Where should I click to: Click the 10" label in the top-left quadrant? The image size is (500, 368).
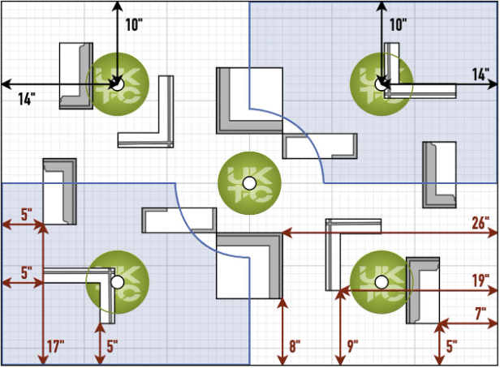134,24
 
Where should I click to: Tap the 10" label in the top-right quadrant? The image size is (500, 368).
398,24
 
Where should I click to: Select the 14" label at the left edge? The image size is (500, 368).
28,99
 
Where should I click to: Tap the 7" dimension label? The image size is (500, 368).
481,313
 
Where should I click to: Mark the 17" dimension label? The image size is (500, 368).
56,346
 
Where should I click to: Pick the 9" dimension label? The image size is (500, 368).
352,346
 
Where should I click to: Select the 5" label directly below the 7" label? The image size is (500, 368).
452,346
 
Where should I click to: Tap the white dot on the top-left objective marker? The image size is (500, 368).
118,83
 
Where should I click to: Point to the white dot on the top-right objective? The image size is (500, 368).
381,83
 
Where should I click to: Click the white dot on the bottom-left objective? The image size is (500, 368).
118,282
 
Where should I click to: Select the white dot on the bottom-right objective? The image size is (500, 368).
381,282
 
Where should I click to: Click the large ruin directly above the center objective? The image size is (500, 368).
249,100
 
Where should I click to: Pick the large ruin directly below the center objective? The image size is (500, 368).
249,265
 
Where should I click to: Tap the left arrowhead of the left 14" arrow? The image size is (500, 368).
5,83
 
